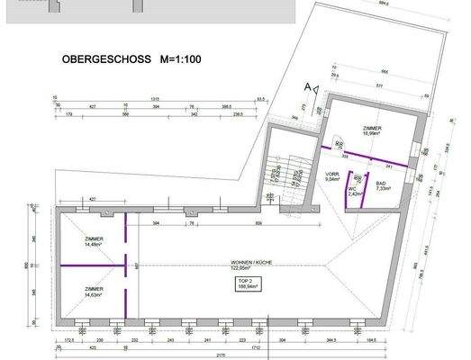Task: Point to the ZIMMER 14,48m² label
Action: coord(93,241)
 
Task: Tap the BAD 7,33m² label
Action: coord(382,186)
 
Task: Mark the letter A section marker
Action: coord(307,85)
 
